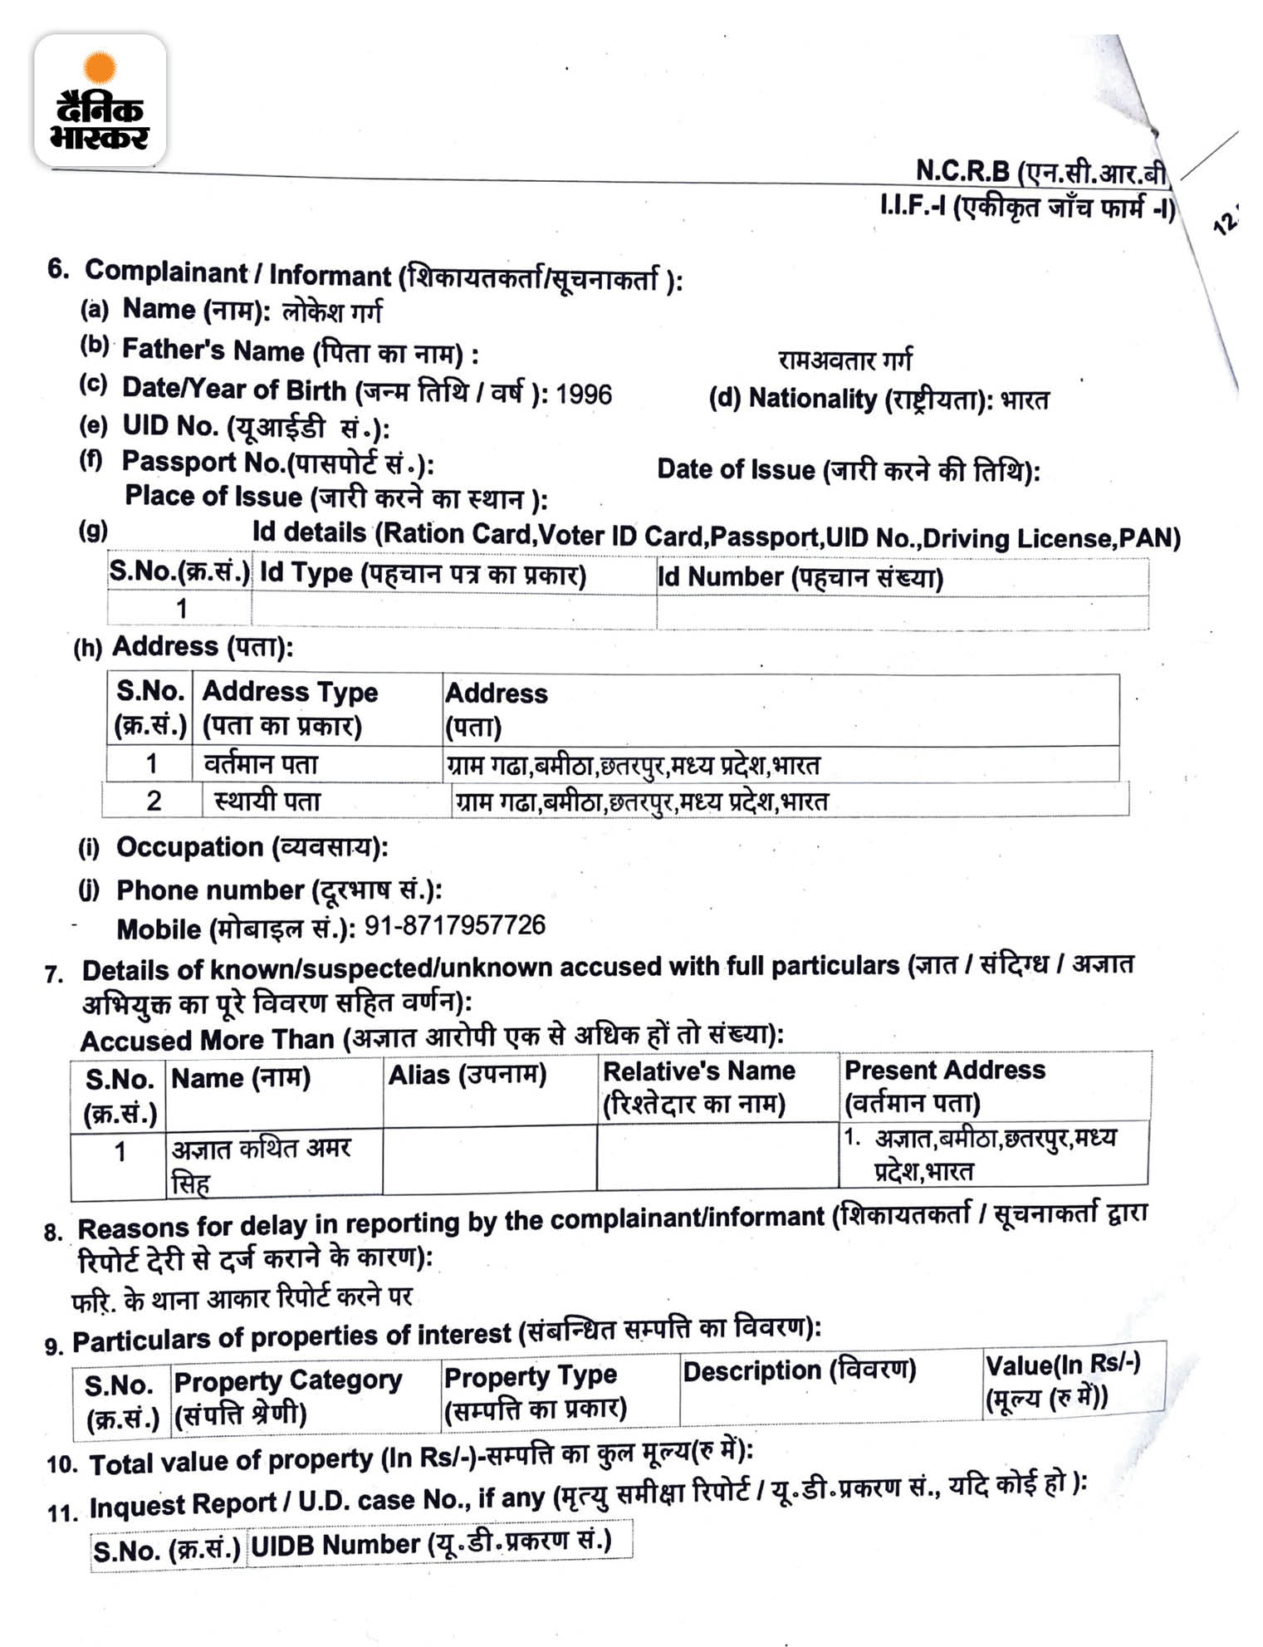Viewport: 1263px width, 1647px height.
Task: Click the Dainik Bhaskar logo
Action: tap(100, 100)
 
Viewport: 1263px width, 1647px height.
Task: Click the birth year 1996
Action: tap(584, 394)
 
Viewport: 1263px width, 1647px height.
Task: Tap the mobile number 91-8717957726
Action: tap(455, 925)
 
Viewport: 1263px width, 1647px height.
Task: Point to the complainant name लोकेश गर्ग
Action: tap(332, 312)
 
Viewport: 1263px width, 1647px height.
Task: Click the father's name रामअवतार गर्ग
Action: tap(844, 360)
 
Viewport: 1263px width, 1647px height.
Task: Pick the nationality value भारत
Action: tap(1025, 400)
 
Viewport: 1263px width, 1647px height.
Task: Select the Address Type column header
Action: tap(290, 708)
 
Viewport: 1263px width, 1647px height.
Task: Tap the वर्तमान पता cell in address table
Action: tap(261, 763)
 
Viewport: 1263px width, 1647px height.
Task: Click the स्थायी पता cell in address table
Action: tap(267, 801)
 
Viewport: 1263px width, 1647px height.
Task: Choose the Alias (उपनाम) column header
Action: tap(468, 1075)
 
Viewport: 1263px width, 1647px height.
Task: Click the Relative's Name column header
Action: tap(698, 1087)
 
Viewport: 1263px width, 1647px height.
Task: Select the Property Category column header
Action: tap(287, 1396)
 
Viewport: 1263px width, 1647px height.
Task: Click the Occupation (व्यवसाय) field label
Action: tap(252, 847)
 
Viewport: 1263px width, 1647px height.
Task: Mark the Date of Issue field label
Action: tap(848, 470)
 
